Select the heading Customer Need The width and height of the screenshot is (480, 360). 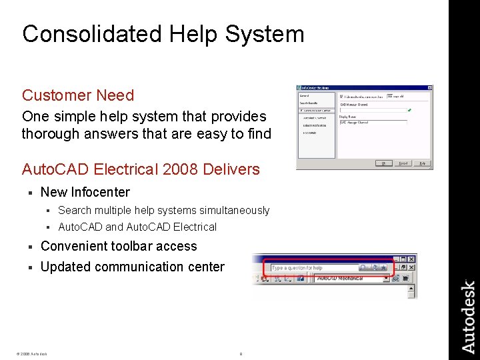tap(78, 95)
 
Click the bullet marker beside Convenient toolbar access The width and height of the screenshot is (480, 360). tap(30, 247)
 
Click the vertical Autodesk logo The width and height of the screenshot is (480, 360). tap(468, 317)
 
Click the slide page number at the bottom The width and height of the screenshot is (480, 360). tap(241, 354)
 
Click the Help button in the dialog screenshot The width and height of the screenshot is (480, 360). tap(422, 163)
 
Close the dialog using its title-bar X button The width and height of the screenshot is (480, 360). tap(429, 87)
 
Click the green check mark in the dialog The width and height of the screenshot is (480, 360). tap(410, 109)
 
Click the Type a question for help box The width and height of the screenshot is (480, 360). tap(313, 268)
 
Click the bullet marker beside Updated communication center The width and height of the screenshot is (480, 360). tap(30, 267)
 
